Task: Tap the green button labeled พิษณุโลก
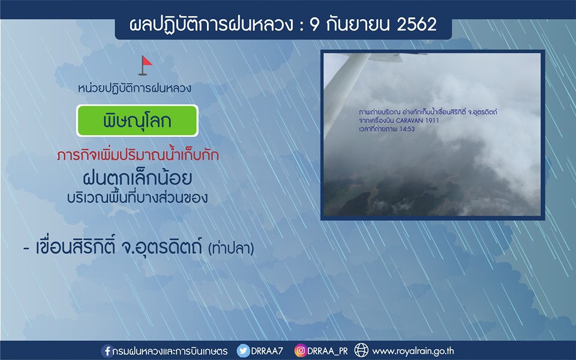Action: [137, 121]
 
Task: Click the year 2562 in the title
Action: [416, 25]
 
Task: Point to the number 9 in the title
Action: [314, 25]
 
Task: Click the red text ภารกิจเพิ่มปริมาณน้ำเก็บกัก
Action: [138, 154]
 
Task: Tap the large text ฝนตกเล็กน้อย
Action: [137, 179]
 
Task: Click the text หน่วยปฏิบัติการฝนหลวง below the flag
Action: [134, 88]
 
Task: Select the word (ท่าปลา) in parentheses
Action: [231, 248]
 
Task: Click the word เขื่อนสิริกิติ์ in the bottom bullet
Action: [76, 247]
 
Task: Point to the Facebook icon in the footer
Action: [107, 351]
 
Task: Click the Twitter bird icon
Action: [243, 351]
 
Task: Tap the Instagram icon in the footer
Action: [300, 351]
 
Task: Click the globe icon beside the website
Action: [361, 350]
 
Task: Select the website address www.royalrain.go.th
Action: [413, 351]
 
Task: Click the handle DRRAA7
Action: [267, 351]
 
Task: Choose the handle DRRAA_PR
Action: [328, 351]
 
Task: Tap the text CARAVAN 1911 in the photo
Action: [418, 121]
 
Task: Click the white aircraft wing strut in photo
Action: [346, 92]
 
